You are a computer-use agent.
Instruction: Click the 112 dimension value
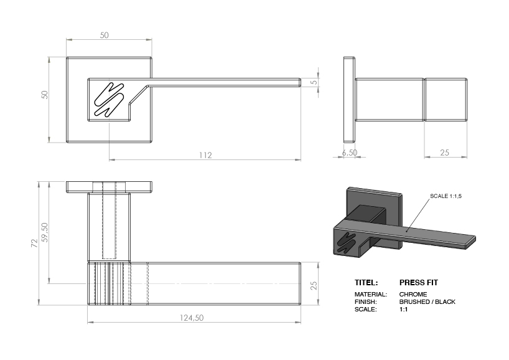click(x=206, y=155)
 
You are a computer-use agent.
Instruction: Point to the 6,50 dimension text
click(x=349, y=152)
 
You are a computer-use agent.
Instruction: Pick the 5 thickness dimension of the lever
click(x=314, y=82)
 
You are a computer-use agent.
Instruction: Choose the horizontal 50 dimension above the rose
click(x=104, y=36)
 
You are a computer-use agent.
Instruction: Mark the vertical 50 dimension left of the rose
click(x=44, y=95)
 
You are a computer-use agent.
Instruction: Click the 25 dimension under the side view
click(x=444, y=152)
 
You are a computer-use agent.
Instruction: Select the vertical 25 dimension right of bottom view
click(x=314, y=285)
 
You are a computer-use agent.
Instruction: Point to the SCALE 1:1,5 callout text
click(x=446, y=196)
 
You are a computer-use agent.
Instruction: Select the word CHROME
click(x=413, y=294)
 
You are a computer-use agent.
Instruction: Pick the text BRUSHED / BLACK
click(x=427, y=302)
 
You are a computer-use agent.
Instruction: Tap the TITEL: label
click(x=366, y=282)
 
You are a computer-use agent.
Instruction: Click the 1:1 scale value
click(x=403, y=310)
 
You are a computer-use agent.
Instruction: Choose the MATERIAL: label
click(x=370, y=294)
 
